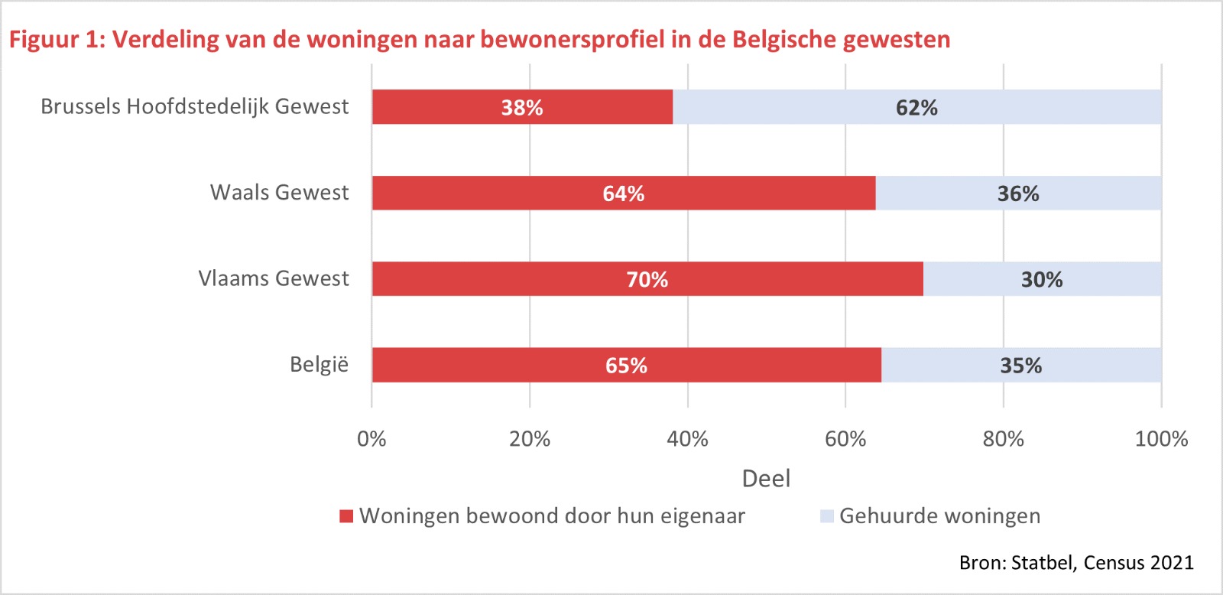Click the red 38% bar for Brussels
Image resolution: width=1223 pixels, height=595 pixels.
point(522,107)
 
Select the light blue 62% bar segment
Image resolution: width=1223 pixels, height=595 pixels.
point(916,107)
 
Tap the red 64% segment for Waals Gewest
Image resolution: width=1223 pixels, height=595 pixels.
point(623,193)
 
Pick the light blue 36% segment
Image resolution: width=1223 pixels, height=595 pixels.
point(1018,193)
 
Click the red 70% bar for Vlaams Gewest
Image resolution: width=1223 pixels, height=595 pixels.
point(647,279)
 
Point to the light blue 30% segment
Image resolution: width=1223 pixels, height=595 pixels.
point(1042,279)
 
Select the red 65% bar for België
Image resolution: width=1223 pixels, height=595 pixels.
point(626,366)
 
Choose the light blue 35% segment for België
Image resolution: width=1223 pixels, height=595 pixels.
point(1021,366)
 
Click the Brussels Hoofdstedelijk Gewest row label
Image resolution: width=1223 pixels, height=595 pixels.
point(194,106)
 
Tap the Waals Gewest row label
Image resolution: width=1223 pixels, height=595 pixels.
point(279,193)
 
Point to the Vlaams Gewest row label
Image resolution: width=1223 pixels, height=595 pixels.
point(273,278)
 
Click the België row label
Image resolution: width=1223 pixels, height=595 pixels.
point(319,365)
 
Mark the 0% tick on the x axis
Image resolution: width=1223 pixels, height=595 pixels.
point(371,439)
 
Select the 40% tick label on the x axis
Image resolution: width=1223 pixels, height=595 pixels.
point(687,439)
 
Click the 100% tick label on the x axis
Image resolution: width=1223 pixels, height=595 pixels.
point(1161,439)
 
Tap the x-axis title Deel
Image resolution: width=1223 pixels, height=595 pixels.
point(766,479)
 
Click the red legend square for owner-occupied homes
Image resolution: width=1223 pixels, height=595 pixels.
point(346,516)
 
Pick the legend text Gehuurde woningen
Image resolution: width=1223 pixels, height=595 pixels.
point(939,516)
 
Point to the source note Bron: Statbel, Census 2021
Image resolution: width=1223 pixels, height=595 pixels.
point(1075,563)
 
